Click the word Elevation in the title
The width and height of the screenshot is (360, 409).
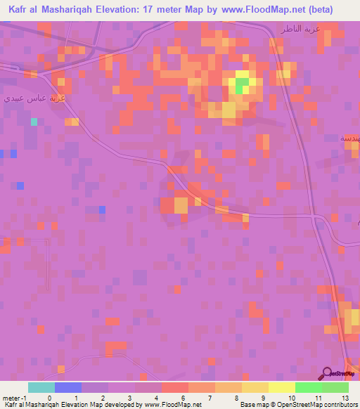pyautogui.click(x=126, y=10)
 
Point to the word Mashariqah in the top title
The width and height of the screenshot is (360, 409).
pyautogui.click(x=67, y=10)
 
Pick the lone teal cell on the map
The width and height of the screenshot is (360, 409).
pyautogui.click(x=34, y=122)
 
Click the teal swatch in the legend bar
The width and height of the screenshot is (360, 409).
pyautogui.click(x=41, y=387)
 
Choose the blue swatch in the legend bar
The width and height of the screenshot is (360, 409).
pyautogui.click(x=67, y=387)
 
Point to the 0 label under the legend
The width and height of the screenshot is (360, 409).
pyautogui.click(x=49, y=397)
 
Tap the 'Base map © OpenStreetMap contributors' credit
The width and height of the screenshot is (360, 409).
pyautogui.click(x=297, y=405)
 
